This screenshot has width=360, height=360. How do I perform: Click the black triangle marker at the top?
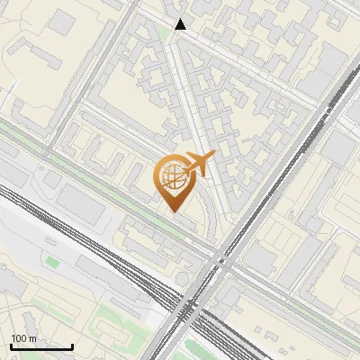point(181,24)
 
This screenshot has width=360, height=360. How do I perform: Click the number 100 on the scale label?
point(17,338)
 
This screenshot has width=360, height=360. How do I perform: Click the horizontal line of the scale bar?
point(41,346)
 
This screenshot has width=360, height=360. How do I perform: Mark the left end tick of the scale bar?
point(11,345)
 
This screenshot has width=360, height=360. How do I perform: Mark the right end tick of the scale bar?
point(72,345)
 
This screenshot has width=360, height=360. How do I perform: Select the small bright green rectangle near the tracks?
point(51,262)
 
